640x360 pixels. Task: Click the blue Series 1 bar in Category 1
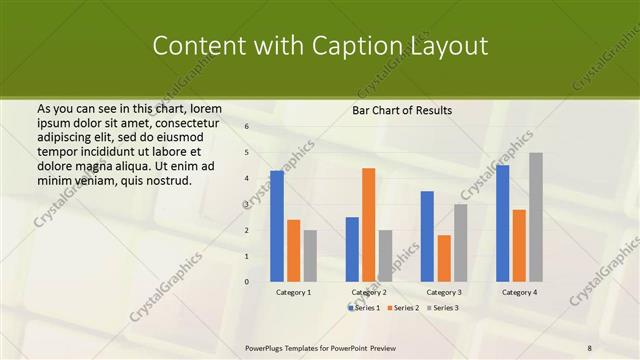click(276, 226)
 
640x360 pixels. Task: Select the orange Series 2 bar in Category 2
click(368, 225)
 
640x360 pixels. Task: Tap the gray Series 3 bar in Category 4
click(536, 217)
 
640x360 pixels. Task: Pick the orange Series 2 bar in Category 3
click(443, 258)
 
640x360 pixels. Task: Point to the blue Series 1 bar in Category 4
click(502, 223)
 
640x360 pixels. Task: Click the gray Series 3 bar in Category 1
click(310, 256)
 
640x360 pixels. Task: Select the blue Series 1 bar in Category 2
click(352, 249)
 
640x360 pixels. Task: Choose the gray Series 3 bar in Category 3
click(460, 243)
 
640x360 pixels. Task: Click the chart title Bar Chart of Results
click(402, 110)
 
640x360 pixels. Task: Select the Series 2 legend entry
click(404, 308)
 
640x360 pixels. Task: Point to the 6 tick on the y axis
click(247, 127)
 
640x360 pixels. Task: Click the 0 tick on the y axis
click(247, 282)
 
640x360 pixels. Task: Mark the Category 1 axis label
click(293, 292)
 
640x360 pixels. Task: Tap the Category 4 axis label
click(518, 292)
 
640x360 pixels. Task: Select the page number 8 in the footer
click(589, 347)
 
